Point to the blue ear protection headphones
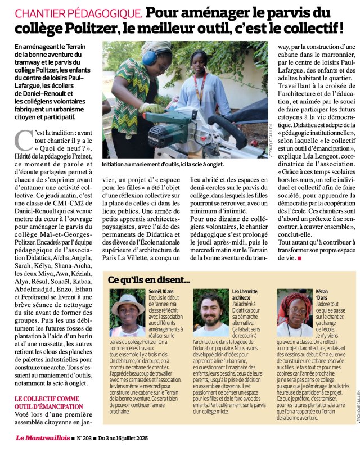click(x=150, y=57)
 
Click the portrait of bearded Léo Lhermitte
click(x=211, y=313)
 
